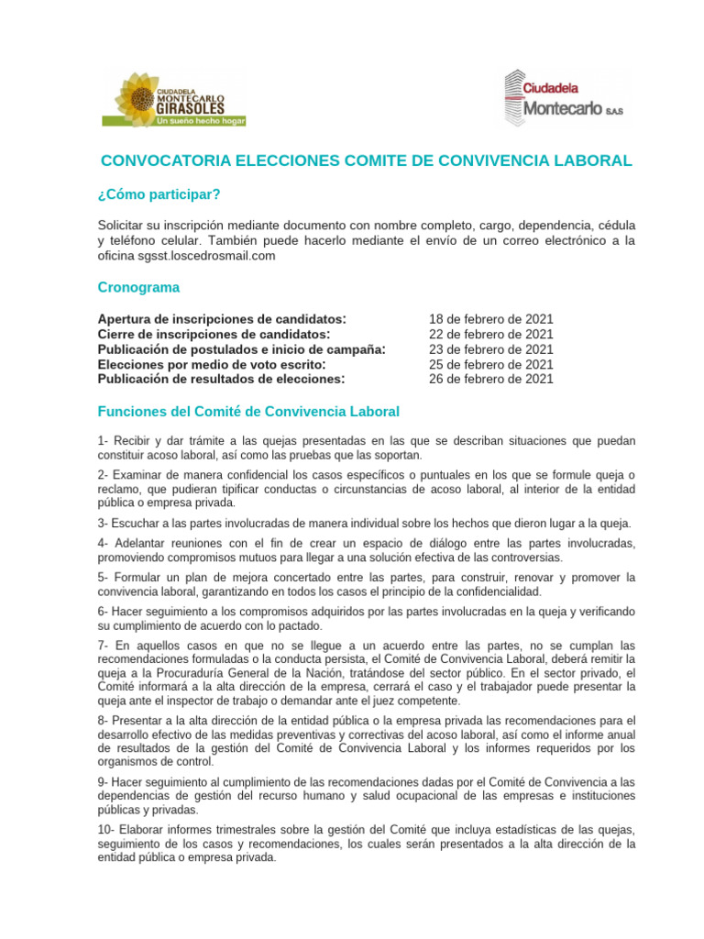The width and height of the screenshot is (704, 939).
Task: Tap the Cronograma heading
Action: point(138,287)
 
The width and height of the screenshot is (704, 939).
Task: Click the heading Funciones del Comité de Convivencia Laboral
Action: point(248,411)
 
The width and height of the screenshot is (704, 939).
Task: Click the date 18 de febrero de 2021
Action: point(490,319)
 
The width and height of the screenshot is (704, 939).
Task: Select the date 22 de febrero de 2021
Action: point(490,334)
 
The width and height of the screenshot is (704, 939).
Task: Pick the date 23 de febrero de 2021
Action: point(490,348)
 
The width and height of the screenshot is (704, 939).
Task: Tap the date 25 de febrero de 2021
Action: point(490,364)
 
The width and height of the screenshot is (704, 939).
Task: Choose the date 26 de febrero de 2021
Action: point(490,379)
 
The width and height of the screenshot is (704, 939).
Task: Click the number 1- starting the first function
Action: point(104,441)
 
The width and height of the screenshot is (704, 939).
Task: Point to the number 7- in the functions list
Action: point(104,644)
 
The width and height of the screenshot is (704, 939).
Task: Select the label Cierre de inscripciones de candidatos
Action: point(214,334)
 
